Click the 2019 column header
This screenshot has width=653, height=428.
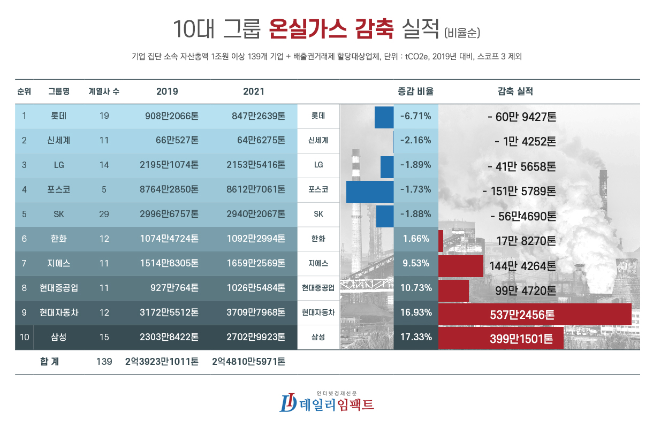(x=167, y=91)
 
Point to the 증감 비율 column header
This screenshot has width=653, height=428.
(x=415, y=91)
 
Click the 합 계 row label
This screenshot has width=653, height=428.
(x=50, y=362)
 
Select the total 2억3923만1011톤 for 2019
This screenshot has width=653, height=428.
(x=162, y=362)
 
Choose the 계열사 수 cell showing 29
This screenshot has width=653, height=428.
(x=104, y=214)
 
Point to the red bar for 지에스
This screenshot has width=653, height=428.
(x=461, y=265)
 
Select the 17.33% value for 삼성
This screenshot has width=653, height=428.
(x=416, y=338)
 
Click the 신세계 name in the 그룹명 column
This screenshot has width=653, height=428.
(x=59, y=141)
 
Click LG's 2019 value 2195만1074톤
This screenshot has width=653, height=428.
(x=168, y=165)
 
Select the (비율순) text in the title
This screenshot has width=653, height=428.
(x=462, y=32)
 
